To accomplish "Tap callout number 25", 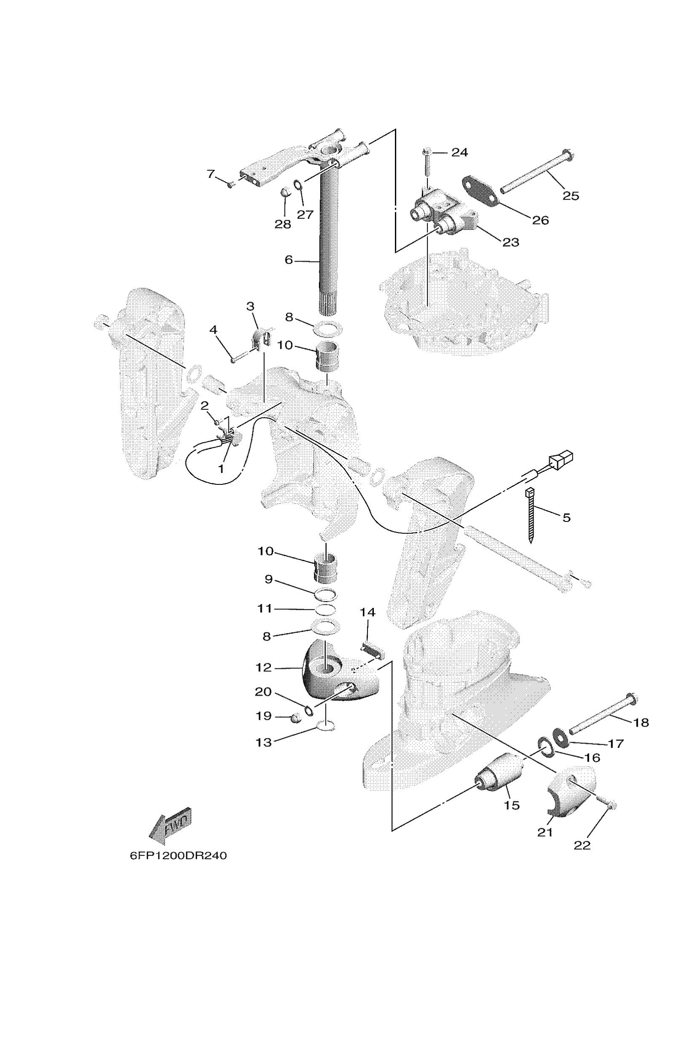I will [x=570, y=195].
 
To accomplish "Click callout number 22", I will [x=582, y=845].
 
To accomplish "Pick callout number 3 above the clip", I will [x=250, y=306].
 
